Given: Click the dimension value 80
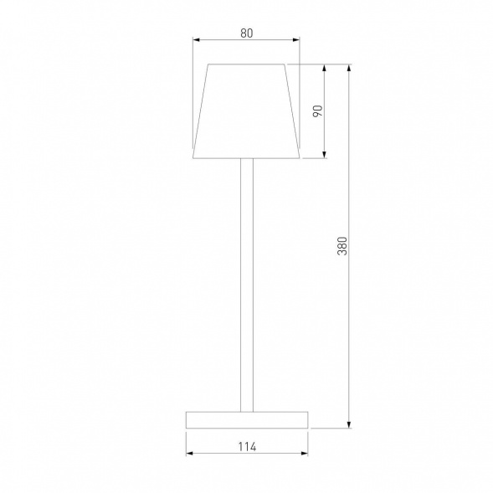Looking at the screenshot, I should click(x=246, y=33).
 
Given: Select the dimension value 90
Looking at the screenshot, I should click(x=317, y=110).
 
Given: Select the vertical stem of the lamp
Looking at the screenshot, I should click(x=246, y=285).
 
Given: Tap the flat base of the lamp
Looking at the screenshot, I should click(x=246, y=419).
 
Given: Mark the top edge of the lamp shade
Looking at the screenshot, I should click(x=246, y=64).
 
